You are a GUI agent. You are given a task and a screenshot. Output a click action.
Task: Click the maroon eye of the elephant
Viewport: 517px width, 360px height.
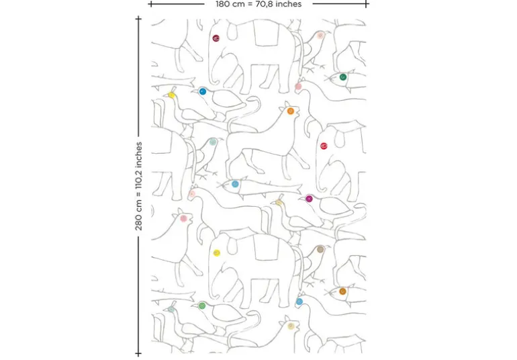216,38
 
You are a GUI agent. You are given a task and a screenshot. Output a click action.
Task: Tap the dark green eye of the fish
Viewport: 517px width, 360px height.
343,77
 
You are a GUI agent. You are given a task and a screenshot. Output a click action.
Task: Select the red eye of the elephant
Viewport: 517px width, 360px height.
324,146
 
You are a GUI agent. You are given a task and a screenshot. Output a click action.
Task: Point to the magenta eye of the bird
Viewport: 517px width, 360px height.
309,199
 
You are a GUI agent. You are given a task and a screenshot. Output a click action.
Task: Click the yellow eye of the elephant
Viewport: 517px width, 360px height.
217,253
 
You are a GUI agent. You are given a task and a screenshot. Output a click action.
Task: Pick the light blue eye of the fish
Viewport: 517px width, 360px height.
235,184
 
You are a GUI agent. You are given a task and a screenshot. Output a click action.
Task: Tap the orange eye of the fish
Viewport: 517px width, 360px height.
342,291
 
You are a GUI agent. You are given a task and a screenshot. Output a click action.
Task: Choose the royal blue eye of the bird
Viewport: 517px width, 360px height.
203,91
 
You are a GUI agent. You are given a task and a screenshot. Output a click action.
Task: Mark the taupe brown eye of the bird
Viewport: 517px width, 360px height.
320,249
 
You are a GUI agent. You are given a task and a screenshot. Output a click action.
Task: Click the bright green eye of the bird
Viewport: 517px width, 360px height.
202,306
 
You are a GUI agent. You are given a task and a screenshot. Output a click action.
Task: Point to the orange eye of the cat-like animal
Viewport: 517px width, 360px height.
291,111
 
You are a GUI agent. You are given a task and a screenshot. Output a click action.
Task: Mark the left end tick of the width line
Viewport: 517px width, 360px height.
150,4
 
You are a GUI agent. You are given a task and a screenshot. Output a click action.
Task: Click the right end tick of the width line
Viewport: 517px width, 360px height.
367,4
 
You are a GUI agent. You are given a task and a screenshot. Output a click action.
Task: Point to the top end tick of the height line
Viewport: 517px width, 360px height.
138,19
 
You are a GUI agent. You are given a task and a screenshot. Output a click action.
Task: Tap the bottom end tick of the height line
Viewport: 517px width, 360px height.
138,354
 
